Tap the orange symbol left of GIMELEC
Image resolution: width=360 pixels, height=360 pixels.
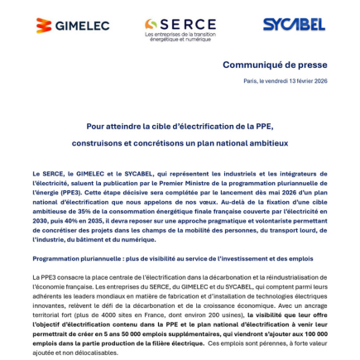(44, 26)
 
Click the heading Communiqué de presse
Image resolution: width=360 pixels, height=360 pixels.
(276, 65)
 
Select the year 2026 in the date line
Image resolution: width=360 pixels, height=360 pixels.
(319, 80)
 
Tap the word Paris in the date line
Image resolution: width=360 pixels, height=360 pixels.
(251, 80)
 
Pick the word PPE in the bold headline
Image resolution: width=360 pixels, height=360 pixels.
(262, 125)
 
